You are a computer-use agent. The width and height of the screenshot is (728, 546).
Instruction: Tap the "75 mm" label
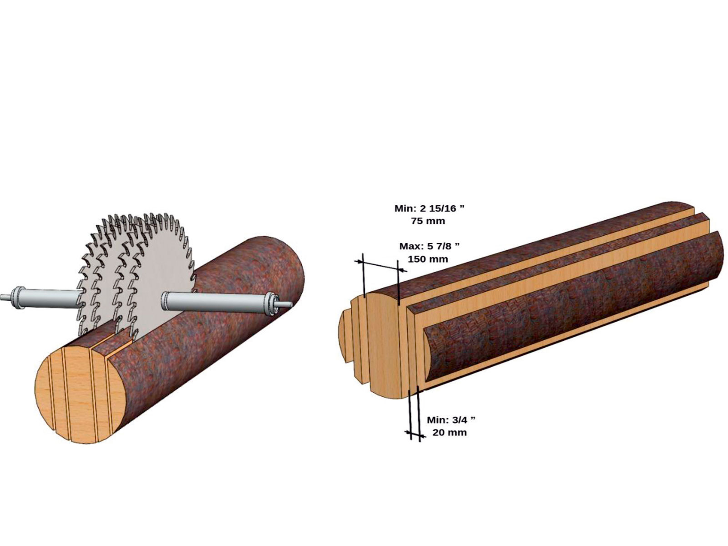(428, 221)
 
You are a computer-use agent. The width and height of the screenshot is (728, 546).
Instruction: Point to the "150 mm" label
(428, 258)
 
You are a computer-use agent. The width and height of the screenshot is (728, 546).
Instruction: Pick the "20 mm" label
(450, 432)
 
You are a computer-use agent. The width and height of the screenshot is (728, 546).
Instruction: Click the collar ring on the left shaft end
(16, 298)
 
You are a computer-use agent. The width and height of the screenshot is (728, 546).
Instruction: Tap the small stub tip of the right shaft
(285, 304)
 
